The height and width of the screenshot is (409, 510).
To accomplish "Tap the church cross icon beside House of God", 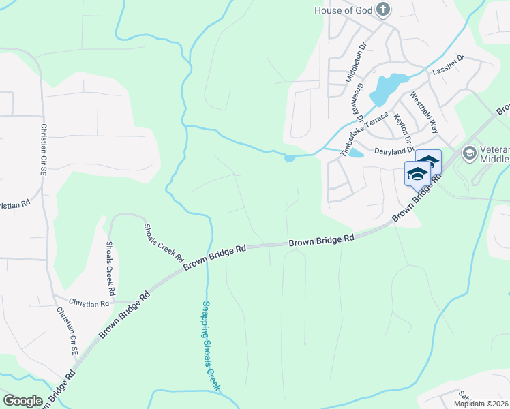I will pos(383,10).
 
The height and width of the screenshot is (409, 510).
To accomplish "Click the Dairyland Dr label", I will pos(394,150).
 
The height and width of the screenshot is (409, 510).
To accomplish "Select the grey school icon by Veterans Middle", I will pos(469,153).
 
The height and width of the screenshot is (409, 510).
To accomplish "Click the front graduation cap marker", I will pos(417,174).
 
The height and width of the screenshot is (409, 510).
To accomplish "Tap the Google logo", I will pos(22,401).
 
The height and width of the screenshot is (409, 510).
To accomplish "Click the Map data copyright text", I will pos(481,404).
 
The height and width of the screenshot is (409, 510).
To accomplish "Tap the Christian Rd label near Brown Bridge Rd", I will pos(89,303).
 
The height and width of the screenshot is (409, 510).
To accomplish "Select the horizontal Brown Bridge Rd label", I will pos(322,241).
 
